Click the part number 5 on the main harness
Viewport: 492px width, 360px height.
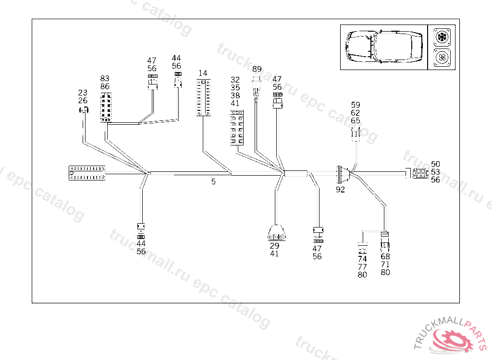pyautogui.click(x=213, y=181)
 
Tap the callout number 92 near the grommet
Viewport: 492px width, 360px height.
pyautogui.click(x=340, y=189)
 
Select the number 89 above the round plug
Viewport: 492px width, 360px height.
pyautogui.click(x=257, y=69)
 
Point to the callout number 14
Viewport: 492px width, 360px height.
pyautogui.click(x=203, y=73)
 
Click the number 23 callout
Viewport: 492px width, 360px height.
pyautogui.click(x=83, y=93)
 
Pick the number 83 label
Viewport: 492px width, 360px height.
pyautogui.click(x=105, y=78)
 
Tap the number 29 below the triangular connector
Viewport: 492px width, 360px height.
pyautogui.click(x=274, y=245)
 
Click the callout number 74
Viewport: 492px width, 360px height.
pyautogui.click(x=362, y=259)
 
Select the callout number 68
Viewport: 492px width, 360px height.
pyautogui.click(x=385, y=256)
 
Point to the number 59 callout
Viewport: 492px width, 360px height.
pyautogui.click(x=355, y=105)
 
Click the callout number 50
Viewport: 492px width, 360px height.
pyautogui.click(x=435, y=164)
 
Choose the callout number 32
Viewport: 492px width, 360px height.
pyautogui.click(x=235, y=80)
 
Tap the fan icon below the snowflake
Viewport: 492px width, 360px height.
pyautogui.click(x=441, y=58)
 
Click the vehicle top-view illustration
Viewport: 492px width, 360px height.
pyautogui.click(x=384, y=47)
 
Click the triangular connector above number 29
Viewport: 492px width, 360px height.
pyautogui.click(x=275, y=234)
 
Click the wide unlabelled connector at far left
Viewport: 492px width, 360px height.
pyautogui.click(x=87, y=173)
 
